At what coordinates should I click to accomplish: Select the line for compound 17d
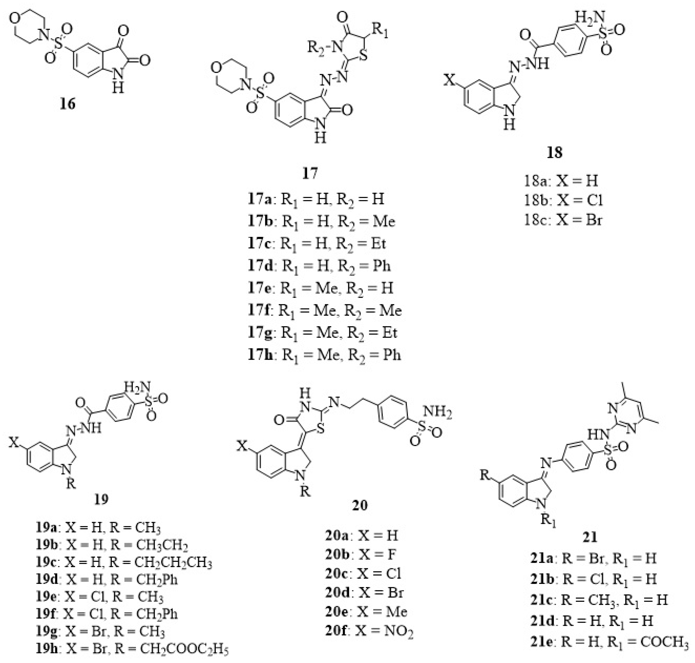(x=319, y=266)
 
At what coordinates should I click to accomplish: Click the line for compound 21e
(x=609, y=642)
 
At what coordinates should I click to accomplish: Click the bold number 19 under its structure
(x=101, y=500)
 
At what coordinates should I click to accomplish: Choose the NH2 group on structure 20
(x=439, y=413)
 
